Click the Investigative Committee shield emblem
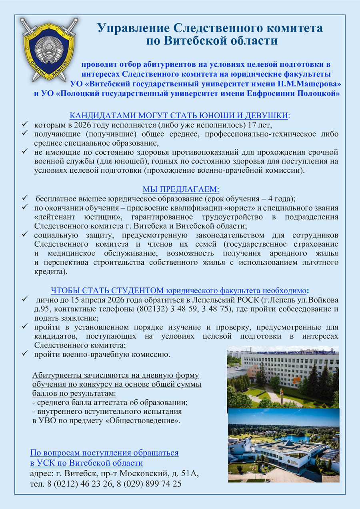pos(49,49)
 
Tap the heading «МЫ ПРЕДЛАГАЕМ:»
pos(181,190)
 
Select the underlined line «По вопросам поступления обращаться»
pos(104,453)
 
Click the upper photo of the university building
pos(283,377)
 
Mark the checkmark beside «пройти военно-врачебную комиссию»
pos(25,354)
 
